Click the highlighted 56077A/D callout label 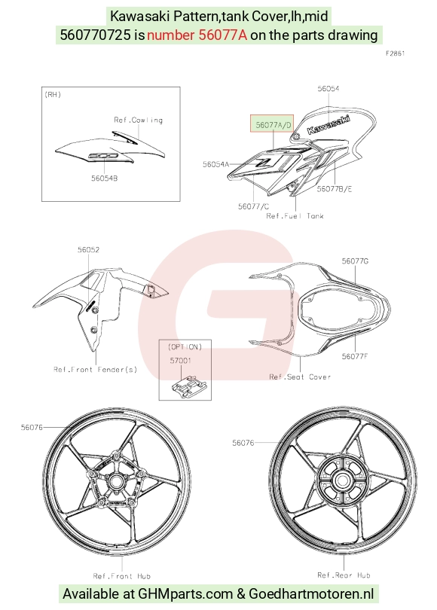tap(274, 125)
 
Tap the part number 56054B tap(104, 178)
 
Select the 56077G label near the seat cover tap(355, 261)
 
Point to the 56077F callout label tap(355, 356)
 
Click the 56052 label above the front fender tap(88, 250)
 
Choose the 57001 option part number tap(181, 361)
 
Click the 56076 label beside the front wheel tap(32, 428)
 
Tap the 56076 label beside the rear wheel tap(243, 443)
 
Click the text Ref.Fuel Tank tap(295, 216)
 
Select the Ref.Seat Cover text tap(300, 377)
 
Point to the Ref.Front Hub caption tap(122, 576)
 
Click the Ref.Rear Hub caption tap(344, 575)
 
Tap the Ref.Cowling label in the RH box tap(138, 120)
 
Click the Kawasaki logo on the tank tap(329, 124)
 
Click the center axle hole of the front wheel tap(115, 481)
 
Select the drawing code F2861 tap(396, 53)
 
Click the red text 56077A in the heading tap(222, 35)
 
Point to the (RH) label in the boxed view tap(53, 95)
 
